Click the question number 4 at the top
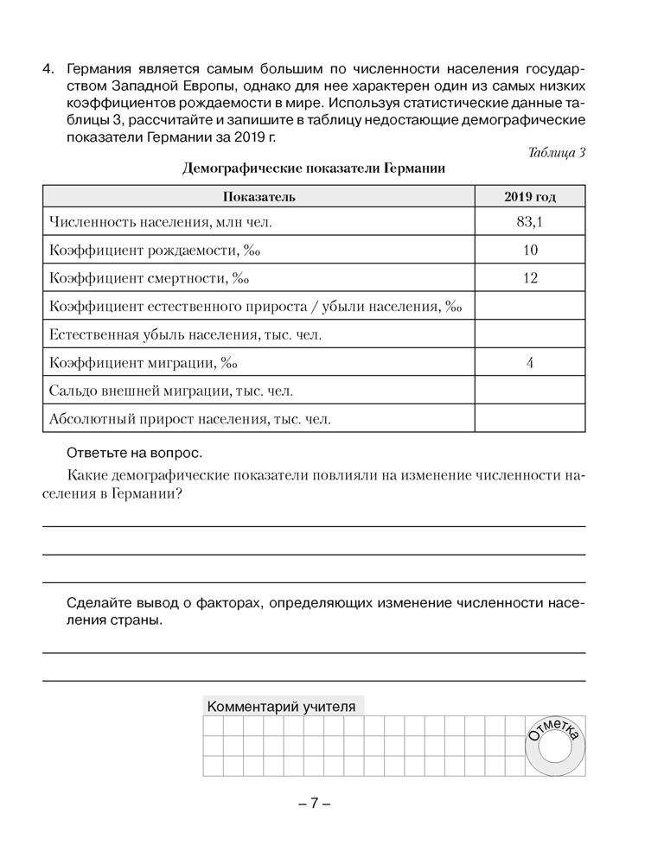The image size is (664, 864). coord(48,68)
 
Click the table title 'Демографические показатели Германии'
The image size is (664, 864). coord(314,168)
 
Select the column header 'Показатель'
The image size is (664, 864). coord(259,196)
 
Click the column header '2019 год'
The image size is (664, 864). coord(530,196)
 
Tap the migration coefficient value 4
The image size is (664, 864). coord(530,362)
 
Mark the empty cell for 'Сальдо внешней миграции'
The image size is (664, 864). coord(530,391)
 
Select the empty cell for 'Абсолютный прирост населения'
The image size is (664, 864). coord(530,418)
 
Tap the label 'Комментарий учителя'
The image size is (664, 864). coord(281,706)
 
